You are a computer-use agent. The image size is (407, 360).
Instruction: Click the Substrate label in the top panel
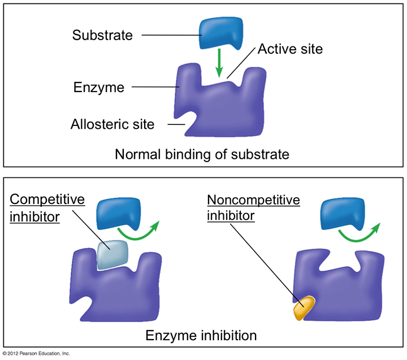(x=102, y=35)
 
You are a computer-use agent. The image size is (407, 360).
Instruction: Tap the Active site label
(x=290, y=49)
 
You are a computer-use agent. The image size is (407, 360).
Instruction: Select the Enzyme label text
(x=98, y=88)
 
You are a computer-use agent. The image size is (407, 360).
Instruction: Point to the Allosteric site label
(x=112, y=124)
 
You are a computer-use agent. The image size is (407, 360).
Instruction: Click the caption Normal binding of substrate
(x=202, y=154)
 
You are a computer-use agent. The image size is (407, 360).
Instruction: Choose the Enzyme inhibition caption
(x=201, y=335)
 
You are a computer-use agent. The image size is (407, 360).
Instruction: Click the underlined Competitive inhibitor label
(x=47, y=208)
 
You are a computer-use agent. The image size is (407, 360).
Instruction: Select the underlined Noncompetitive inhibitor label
(x=253, y=207)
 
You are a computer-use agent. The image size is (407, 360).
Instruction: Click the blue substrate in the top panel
(x=221, y=33)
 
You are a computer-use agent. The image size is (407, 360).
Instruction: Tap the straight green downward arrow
(x=219, y=63)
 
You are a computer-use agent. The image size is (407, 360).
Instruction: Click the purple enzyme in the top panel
(x=220, y=101)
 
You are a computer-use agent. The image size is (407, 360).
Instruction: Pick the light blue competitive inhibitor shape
(x=112, y=255)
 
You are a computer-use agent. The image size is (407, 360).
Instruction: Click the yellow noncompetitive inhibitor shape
(x=304, y=309)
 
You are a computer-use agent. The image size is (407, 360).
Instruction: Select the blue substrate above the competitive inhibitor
(x=119, y=214)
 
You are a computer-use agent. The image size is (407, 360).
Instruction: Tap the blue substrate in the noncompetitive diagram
(x=343, y=214)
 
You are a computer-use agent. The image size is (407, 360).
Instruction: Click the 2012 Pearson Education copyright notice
(x=36, y=354)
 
